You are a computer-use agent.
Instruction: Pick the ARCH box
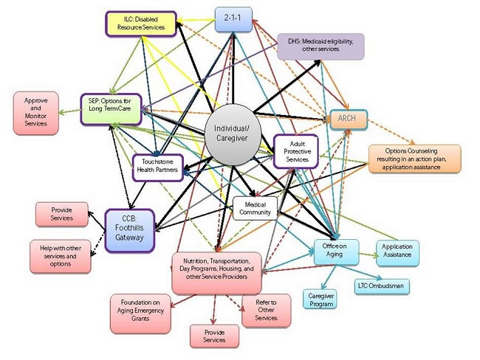click(346, 118)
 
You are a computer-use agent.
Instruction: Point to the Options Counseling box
click(414, 158)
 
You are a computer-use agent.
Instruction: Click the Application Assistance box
click(398, 253)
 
